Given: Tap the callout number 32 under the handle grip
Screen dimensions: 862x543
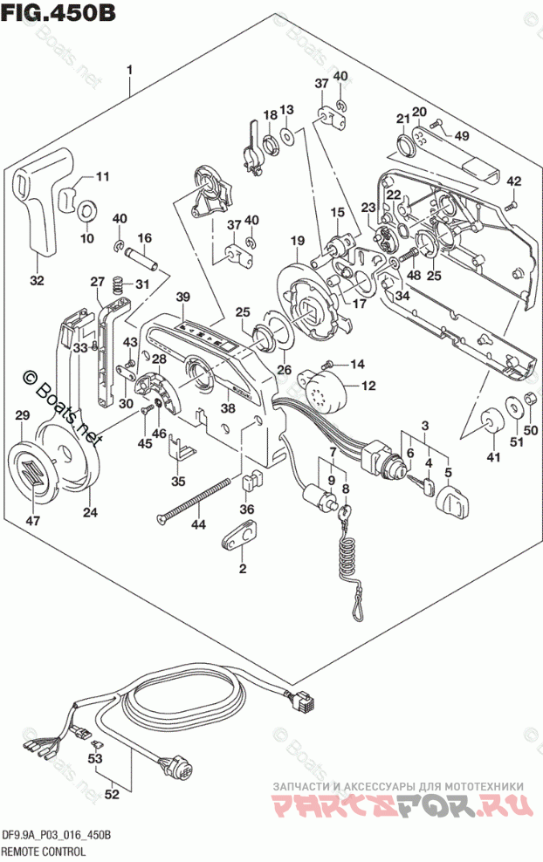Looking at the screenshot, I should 36,280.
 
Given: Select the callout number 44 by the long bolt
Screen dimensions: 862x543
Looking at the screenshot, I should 198,524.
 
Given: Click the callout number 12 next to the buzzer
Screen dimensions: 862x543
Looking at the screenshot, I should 368,385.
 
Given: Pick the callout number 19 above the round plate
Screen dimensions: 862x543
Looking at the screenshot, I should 297,241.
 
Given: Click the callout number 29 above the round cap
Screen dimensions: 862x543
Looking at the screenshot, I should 23,417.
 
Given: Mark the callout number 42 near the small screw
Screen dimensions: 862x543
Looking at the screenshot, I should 514,181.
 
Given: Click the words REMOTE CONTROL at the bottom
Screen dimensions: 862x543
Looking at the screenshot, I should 44,850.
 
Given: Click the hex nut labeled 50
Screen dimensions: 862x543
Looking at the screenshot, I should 528,402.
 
